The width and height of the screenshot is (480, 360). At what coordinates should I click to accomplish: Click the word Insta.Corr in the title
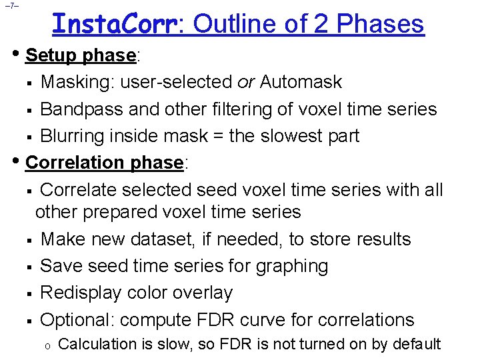click(x=114, y=24)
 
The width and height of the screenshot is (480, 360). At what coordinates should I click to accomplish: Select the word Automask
click(x=301, y=82)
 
